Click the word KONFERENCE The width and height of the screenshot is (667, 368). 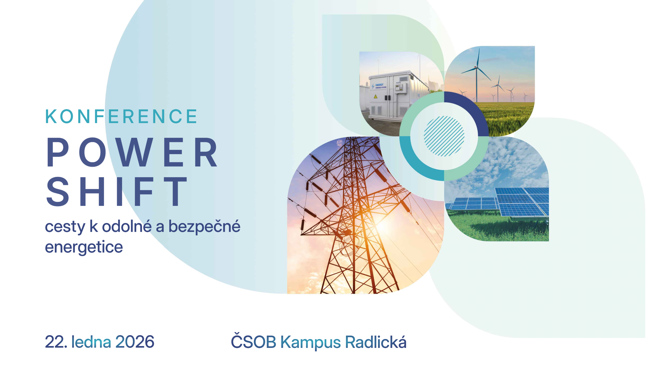click(121, 116)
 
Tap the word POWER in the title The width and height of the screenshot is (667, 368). click(132, 152)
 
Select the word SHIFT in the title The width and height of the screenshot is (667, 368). click(117, 191)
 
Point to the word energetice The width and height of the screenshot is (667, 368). click(84, 247)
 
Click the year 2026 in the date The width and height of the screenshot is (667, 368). click(135, 342)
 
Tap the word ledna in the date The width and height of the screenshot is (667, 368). click(91, 342)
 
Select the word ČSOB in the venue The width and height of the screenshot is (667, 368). click(253, 341)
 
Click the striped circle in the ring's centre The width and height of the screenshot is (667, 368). click(444, 136)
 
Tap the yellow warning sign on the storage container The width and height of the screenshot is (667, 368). click(376, 96)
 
